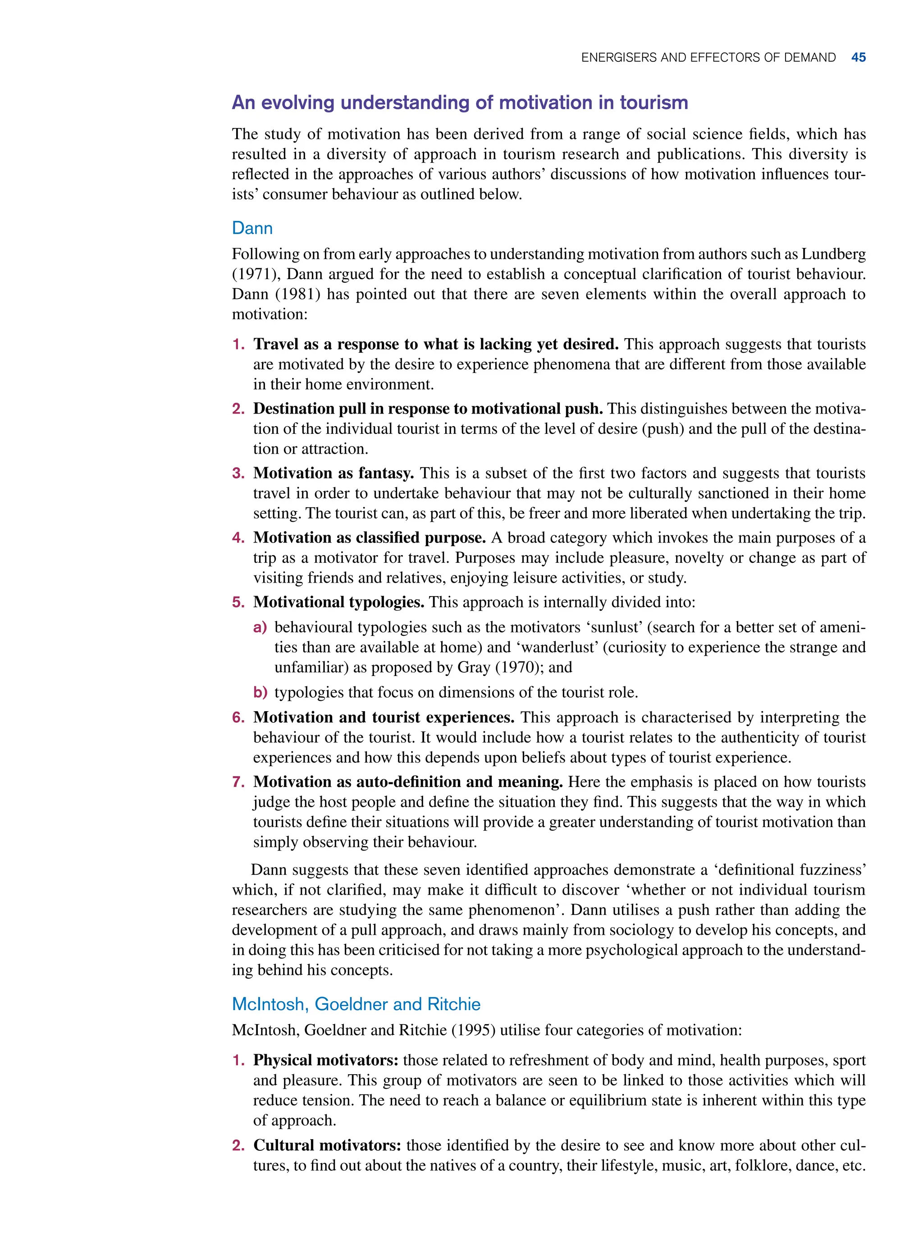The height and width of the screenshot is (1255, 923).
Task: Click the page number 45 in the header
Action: tap(858, 58)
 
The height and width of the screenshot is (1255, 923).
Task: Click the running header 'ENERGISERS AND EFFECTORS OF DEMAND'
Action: tap(708, 58)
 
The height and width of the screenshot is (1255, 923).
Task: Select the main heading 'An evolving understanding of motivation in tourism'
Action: tap(459, 103)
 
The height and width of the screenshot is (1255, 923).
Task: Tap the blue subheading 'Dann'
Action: tap(252, 228)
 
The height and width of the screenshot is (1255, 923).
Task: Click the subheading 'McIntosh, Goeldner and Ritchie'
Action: tap(356, 1004)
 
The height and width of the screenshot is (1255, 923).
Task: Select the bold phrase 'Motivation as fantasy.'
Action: tap(333, 473)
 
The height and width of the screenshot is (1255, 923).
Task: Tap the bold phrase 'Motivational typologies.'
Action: tap(338, 602)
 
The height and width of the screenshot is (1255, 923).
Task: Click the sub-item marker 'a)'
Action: tap(260, 627)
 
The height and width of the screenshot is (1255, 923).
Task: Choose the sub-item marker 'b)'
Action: tap(260, 692)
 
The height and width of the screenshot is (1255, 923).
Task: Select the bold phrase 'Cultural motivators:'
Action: tap(327, 1145)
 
